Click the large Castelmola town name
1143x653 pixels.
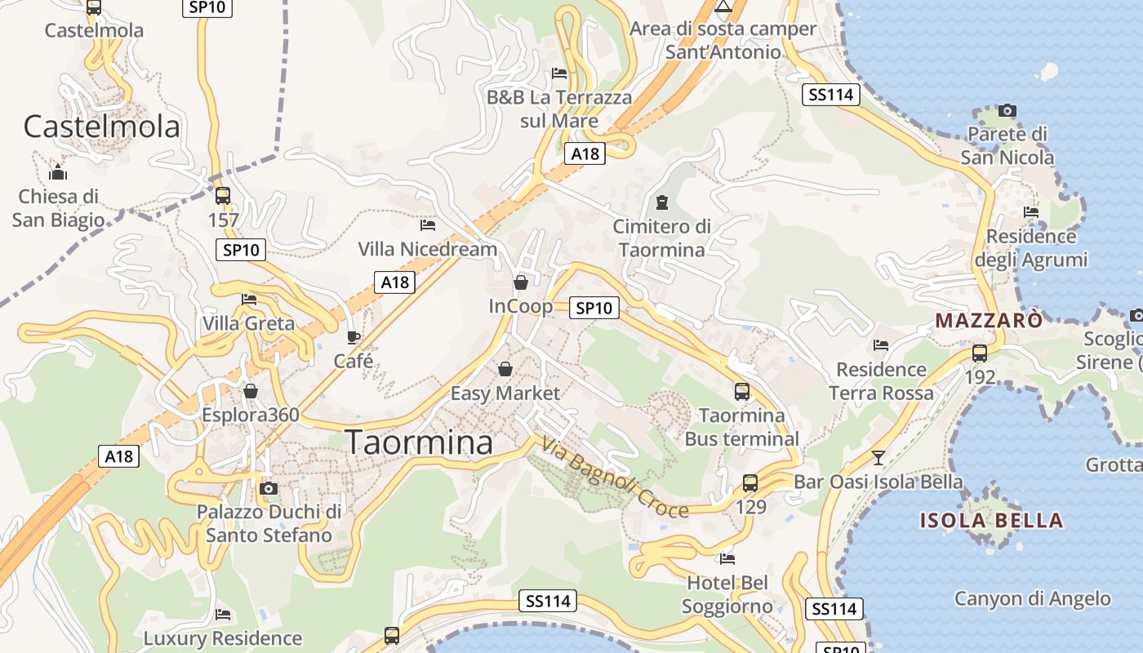[x=101, y=127]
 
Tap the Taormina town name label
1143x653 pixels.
[x=420, y=442]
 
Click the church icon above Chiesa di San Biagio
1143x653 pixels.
[x=57, y=173]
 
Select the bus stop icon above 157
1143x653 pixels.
[x=222, y=196]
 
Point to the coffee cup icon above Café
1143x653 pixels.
[x=354, y=337]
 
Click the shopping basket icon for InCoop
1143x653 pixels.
[x=521, y=282]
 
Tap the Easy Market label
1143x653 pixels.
[x=505, y=393]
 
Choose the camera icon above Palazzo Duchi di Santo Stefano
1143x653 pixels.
[x=268, y=489]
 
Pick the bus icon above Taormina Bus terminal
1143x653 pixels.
[x=741, y=392]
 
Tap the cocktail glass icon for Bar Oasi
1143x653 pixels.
[x=878, y=458]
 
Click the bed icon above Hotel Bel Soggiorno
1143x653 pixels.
[x=727, y=559]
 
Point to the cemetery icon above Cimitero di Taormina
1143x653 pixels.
[x=662, y=202]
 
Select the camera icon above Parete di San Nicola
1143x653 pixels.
[x=1007, y=110]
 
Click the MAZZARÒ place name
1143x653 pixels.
[x=989, y=320]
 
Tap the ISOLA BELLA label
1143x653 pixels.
[x=991, y=521]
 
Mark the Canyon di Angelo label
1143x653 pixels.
[x=1033, y=599]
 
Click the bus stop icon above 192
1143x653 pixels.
[x=979, y=353]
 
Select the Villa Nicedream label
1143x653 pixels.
[x=427, y=249]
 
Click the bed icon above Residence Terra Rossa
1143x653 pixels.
[x=880, y=345]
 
